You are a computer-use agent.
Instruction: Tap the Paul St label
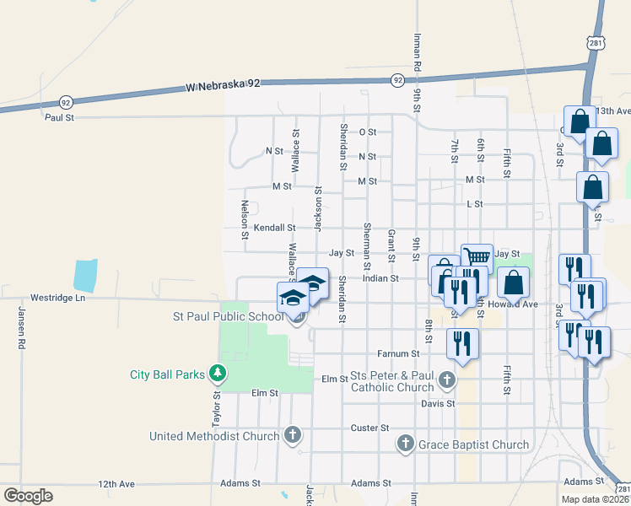tap(59, 117)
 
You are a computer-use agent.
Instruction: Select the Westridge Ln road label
tap(58, 298)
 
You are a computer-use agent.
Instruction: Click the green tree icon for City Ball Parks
tap(218, 372)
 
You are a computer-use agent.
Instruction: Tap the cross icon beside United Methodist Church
tap(292, 435)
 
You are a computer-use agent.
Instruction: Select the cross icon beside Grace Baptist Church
tap(406, 443)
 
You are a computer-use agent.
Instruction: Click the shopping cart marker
tap(477, 256)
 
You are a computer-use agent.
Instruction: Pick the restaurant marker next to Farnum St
tap(462, 342)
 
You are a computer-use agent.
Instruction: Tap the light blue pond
tap(85, 275)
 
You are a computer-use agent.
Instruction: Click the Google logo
tap(28, 495)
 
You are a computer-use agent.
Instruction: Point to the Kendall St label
tap(275, 228)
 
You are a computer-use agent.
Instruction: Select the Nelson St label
tap(245, 218)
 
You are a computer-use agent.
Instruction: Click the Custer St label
tap(369, 428)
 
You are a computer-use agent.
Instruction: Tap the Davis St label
tap(438, 404)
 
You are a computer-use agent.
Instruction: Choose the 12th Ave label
tap(116, 484)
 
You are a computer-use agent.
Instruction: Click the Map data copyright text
tap(596, 499)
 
